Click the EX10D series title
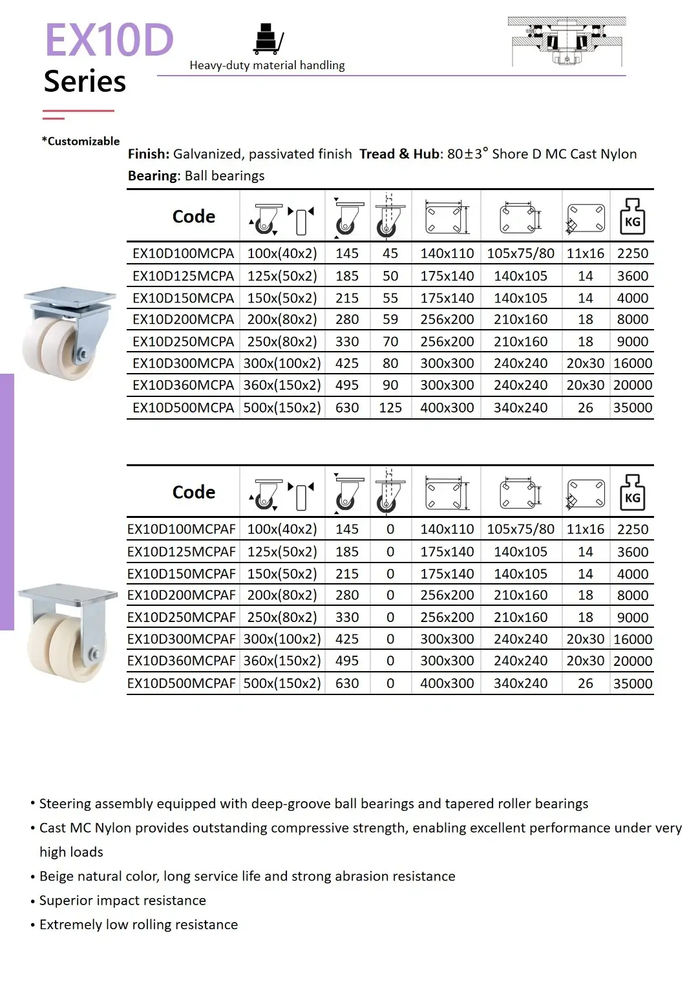coord(109,40)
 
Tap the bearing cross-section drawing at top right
coord(567,41)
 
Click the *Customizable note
coord(81,141)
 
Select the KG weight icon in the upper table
coord(632,217)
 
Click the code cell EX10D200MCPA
coord(183,319)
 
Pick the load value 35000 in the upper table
coord(632,408)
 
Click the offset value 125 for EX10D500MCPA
coord(390,408)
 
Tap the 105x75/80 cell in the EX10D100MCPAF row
coord(520,529)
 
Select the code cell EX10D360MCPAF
coord(182,661)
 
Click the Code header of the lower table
coord(193,492)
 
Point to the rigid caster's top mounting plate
coord(67,593)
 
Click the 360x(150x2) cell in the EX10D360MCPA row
coord(282,385)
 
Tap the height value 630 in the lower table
coord(347,683)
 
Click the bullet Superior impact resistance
coord(122,901)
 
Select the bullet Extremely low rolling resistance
coord(138,925)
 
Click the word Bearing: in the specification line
coord(154,176)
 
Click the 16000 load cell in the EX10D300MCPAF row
coord(632,639)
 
